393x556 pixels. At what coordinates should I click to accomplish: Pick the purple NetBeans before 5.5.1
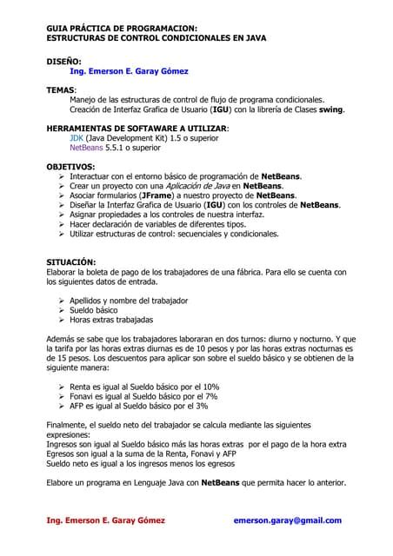pos(90,148)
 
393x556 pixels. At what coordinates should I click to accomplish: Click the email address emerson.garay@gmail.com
pos(288,520)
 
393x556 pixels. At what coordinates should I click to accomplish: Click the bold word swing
pos(330,109)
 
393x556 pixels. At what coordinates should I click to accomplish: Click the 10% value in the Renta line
pos(210,387)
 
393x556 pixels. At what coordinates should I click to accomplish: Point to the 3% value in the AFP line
pos(202,406)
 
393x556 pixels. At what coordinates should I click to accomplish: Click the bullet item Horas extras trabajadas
pos(117,320)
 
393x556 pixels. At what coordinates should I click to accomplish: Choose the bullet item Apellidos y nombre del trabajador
pos(129,301)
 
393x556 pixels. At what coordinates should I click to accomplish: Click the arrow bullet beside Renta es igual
pos(61,387)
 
